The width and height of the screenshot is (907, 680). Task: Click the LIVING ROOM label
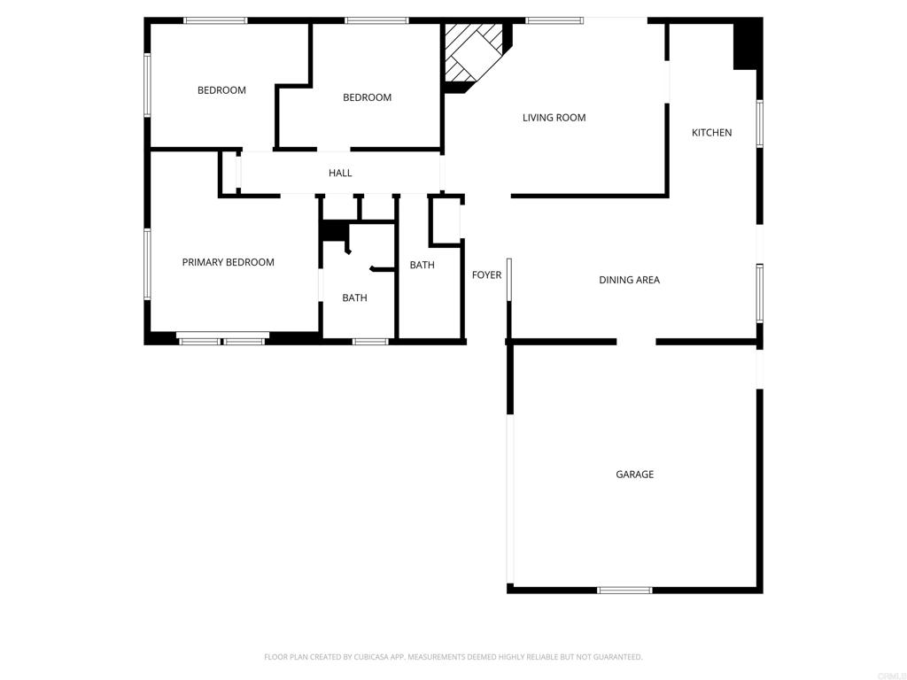(x=554, y=118)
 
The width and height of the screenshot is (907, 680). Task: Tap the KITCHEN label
(x=711, y=133)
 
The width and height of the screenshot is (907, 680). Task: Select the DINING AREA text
(x=629, y=280)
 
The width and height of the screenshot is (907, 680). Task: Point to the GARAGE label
(x=634, y=475)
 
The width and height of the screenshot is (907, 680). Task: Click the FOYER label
(x=486, y=275)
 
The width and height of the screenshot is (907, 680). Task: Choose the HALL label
(x=340, y=174)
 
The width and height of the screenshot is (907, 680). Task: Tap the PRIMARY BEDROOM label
(x=228, y=262)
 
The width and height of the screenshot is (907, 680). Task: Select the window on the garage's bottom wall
(x=624, y=590)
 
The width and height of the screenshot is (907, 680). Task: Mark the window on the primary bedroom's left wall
(x=148, y=264)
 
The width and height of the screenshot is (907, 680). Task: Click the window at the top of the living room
(x=554, y=20)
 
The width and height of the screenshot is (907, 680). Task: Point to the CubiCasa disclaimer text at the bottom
(x=453, y=657)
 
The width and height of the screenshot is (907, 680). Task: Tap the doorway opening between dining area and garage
(x=636, y=342)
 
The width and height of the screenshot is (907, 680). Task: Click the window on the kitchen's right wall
(x=759, y=124)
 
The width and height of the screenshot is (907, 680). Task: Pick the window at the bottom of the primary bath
(x=370, y=341)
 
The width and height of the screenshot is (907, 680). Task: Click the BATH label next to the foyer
(x=422, y=266)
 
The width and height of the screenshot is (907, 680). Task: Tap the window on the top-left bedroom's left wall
(x=148, y=85)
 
